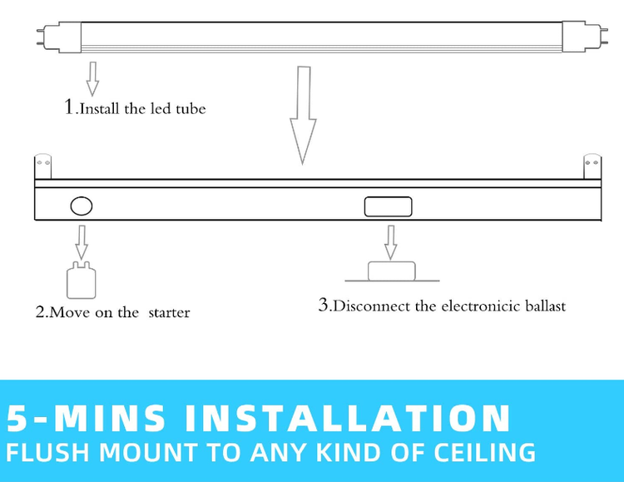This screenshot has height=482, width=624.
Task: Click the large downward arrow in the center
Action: click(x=303, y=116)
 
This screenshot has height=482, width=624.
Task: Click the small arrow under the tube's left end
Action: click(x=92, y=79)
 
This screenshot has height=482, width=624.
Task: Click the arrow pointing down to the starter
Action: click(x=82, y=242)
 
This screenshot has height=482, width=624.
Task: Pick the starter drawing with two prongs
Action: click(x=82, y=280)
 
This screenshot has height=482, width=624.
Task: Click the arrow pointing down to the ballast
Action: click(x=391, y=242)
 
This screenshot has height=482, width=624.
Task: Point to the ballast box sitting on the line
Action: click(x=392, y=271)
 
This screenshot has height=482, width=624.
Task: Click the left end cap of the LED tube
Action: click(x=60, y=37)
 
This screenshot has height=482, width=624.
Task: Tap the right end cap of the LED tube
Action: click(x=584, y=37)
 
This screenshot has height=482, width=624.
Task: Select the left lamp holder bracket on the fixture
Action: click(x=43, y=166)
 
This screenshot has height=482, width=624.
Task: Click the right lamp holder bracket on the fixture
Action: click(x=592, y=166)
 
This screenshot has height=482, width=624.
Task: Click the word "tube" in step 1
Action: click(x=191, y=109)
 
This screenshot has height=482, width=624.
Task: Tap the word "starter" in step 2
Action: click(x=169, y=313)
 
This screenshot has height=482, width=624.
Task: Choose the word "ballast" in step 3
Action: click(x=545, y=306)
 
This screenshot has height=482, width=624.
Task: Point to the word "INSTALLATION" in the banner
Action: click(x=348, y=418)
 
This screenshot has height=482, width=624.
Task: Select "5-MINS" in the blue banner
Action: click(x=86, y=418)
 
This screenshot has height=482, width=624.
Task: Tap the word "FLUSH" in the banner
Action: click(x=47, y=453)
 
